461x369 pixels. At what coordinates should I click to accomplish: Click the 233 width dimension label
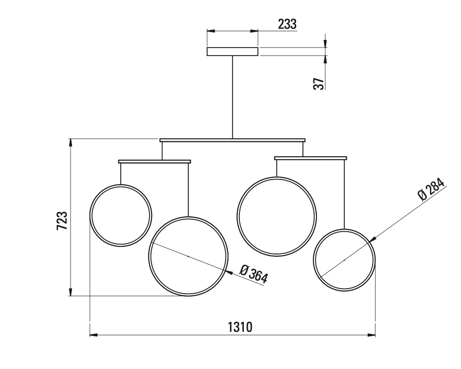287,24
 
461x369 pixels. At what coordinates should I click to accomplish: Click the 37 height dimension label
319,83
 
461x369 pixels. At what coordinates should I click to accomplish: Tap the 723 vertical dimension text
62,220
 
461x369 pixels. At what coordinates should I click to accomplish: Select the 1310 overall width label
240,327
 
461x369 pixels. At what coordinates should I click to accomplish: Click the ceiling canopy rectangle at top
232,51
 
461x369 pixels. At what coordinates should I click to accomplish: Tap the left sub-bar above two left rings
154,161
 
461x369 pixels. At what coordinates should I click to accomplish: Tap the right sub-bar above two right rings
310,158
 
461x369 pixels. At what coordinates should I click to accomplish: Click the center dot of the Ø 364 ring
188,256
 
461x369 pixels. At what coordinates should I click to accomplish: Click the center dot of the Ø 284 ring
344,259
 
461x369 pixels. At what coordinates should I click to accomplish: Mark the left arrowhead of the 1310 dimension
93,336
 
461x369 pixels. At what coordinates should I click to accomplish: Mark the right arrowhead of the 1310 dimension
372,336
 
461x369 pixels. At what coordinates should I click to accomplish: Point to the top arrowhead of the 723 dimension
71,142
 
